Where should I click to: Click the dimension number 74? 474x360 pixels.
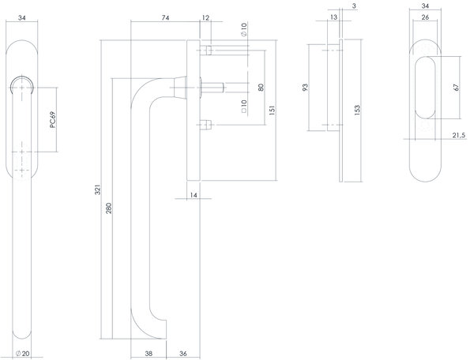click(x=165, y=17)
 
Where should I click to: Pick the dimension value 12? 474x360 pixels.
click(x=205, y=17)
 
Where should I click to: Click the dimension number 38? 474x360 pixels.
click(x=149, y=353)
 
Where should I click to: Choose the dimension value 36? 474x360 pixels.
click(x=182, y=353)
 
